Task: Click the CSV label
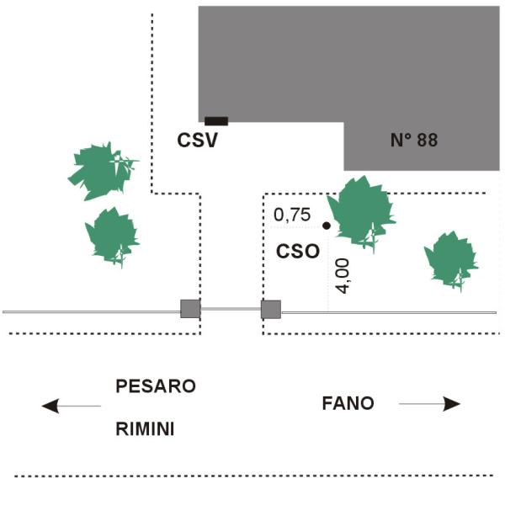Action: click(198, 141)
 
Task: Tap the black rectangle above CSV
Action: click(216, 121)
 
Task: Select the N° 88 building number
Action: click(414, 140)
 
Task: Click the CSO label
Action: click(298, 251)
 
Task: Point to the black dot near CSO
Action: click(327, 226)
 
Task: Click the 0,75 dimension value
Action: click(292, 215)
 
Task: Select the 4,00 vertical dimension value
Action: click(343, 276)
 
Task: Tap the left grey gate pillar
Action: click(190, 309)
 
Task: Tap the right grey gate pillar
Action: click(271, 310)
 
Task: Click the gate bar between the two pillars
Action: click(231, 309)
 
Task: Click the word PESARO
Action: click(156, 385)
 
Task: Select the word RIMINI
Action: click(145, 429)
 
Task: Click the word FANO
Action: click(348, 403)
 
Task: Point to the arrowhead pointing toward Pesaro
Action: click(50, 406)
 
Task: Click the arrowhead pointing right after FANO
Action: click(451, 404)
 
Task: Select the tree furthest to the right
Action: click(451, 259)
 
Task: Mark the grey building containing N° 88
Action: click(348, 65)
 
